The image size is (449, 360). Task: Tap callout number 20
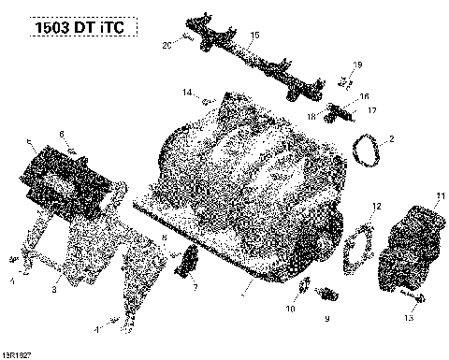point(167,45)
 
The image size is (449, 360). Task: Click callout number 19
point(356,64)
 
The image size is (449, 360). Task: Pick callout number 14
point(187,91)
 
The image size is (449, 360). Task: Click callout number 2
point(391,139)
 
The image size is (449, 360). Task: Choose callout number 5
point(30,143)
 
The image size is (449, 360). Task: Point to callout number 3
point(54,291)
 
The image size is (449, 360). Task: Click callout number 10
point(291,308)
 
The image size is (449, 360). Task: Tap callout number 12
point(376,231)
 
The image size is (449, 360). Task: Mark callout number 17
point(371,110)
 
